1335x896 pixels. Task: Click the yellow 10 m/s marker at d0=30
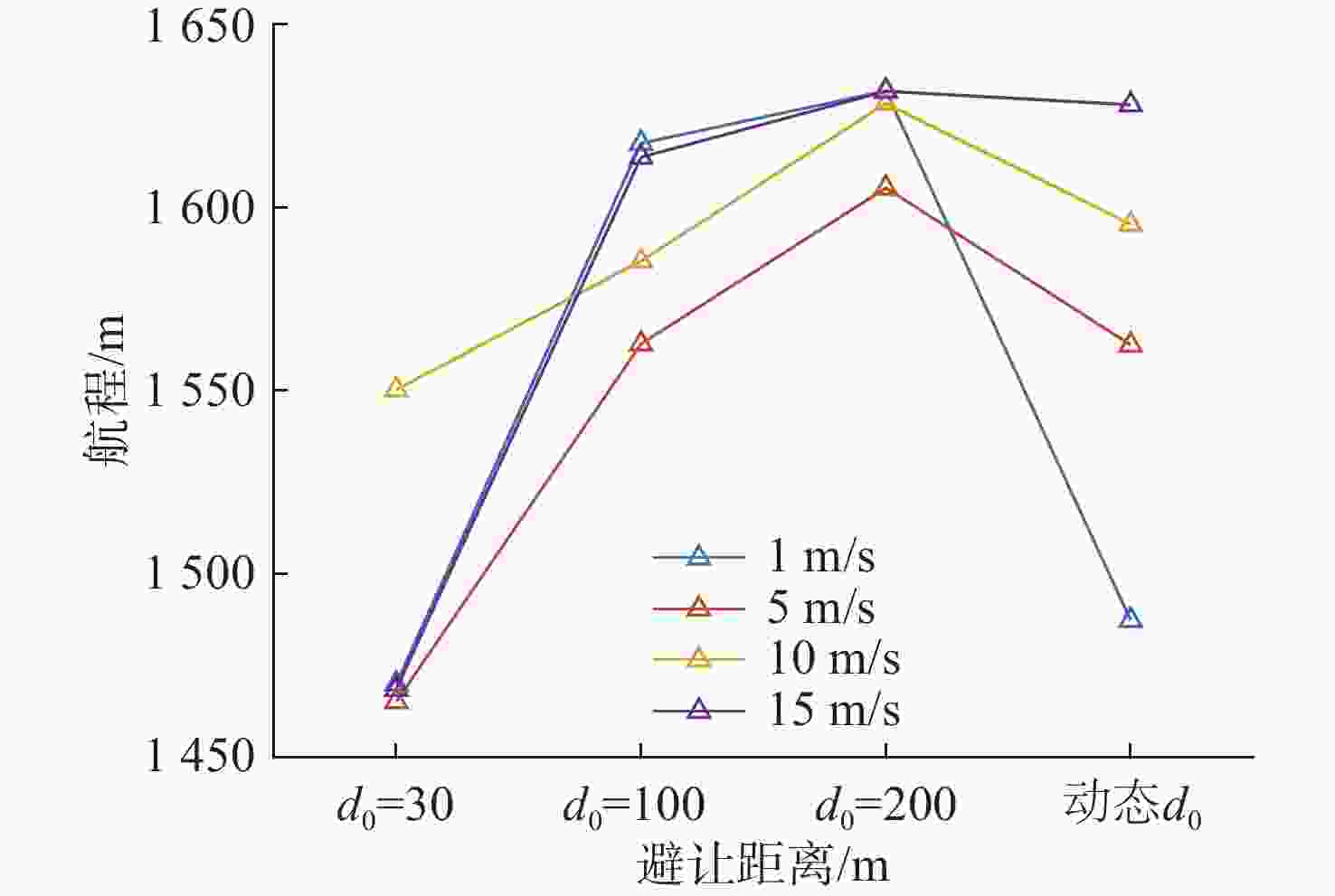(396, 389)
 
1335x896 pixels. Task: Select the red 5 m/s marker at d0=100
(640, 343)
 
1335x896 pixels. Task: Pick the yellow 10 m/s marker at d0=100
(640, 260)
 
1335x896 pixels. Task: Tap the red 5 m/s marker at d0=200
(885, 186)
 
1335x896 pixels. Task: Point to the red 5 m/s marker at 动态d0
(1131, 344)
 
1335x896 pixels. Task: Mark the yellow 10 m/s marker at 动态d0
(1131, 223)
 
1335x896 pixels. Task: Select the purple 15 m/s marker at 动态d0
(1131, 104)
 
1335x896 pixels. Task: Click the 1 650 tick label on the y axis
(200, 25)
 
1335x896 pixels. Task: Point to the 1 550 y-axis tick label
(200, 391)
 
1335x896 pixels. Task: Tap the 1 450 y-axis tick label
(200, 756)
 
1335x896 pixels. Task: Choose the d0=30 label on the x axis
(395, 805)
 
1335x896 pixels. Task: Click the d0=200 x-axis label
(885, 805)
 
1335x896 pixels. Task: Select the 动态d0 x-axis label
(1131, 805)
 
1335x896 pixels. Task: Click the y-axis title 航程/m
(106, 391)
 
